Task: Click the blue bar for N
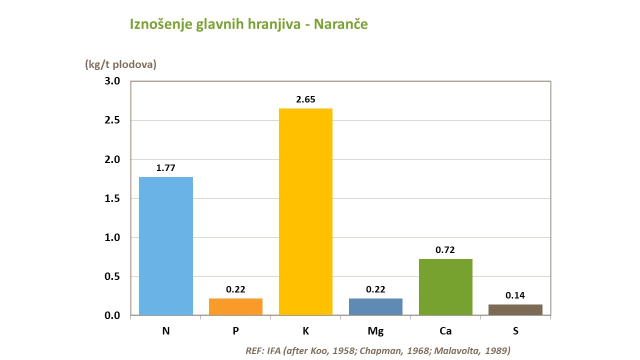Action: tap(165, 246)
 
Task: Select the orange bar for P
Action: tap(235, 306)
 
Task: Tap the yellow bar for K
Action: tap(305, 211)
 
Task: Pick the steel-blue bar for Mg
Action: tap(375, 306)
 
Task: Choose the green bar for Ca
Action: tap(445, 287)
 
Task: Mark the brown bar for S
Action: tap(515, 309)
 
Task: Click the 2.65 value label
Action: tap(305, 99)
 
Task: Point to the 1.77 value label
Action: tap(165, 168)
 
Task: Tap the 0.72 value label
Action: tap(445, 250)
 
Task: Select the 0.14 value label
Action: tap(515, 295)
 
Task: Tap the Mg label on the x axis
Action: tap(375, 331)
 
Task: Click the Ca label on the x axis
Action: tap(445, 331)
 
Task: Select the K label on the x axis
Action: tap(305, 331)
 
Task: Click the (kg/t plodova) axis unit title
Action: tap(121, 64)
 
